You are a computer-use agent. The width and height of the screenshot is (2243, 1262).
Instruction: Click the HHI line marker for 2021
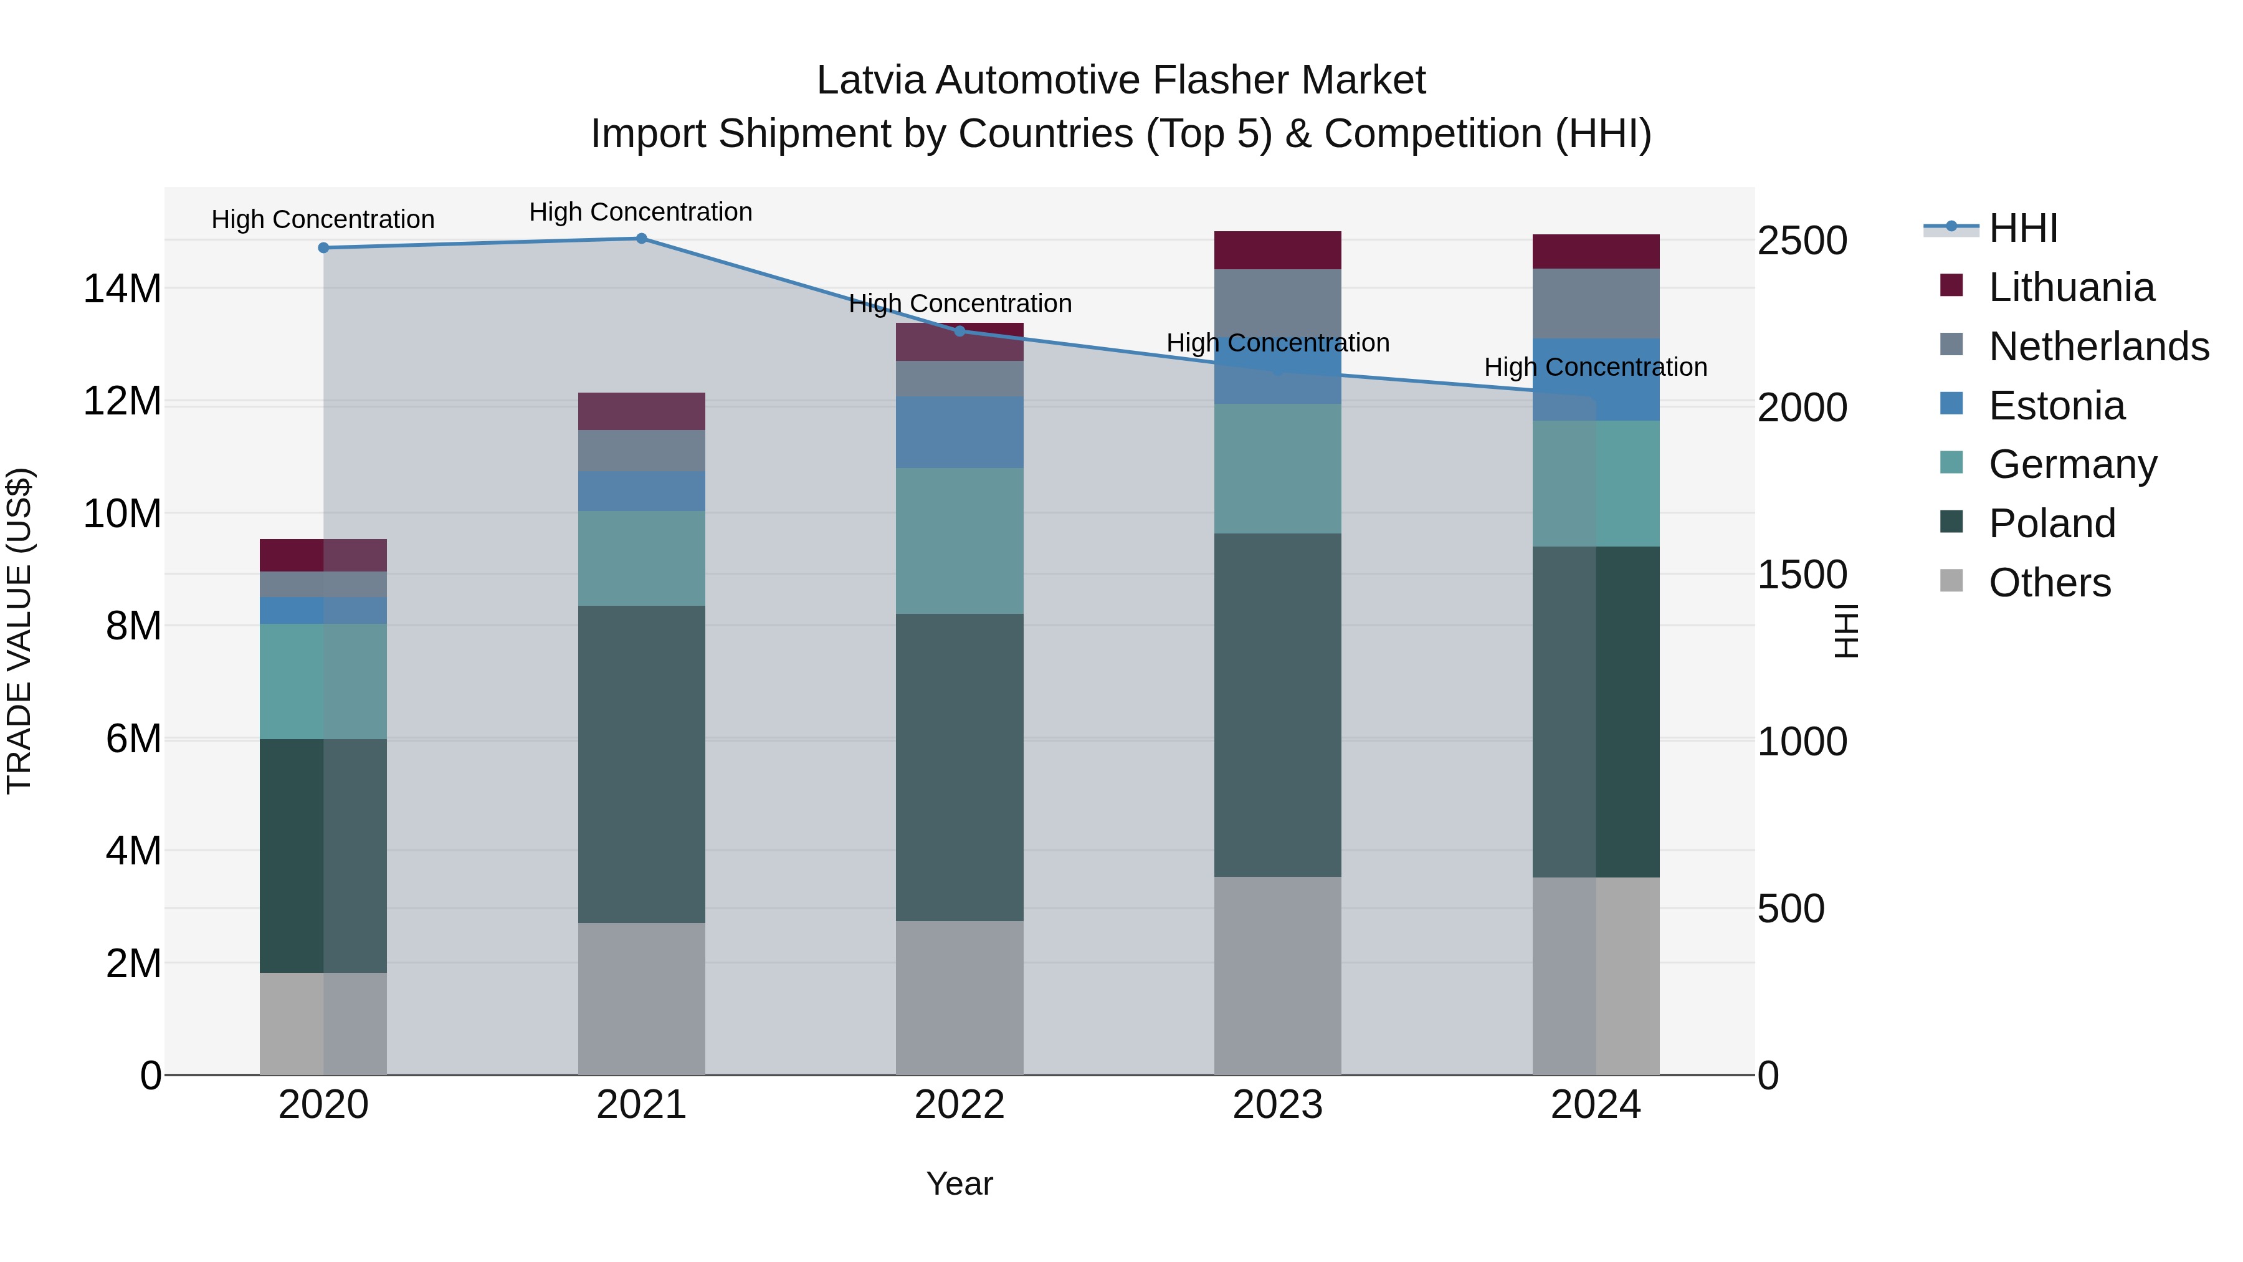tap(641, 239)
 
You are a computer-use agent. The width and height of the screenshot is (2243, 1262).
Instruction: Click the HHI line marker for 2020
tap(323, 248)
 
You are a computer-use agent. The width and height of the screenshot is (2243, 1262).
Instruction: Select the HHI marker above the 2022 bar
tap(960, 331)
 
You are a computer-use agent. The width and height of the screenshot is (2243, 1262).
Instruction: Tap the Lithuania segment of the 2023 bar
tap(1277, 251)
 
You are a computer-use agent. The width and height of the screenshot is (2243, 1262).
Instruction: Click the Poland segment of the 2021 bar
tap(641, 765)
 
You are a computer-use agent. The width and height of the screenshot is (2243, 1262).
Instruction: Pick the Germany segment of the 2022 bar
tap(960, 541)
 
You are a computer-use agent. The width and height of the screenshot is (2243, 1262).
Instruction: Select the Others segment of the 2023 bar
tap(1277, 975)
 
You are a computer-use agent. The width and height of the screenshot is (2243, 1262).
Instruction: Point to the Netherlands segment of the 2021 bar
tap(641, 451)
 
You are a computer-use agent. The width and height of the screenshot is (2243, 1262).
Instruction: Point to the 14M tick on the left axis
tap(122, 289)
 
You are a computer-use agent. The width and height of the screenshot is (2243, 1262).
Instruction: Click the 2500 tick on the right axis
tap(1801, 241)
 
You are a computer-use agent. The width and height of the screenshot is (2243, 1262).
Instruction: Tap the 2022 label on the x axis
tap(960, 1105)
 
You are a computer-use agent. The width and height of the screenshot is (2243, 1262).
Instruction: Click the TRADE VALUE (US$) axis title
tap(19, 631)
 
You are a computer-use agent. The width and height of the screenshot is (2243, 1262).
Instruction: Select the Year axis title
tap(960, 1183)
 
